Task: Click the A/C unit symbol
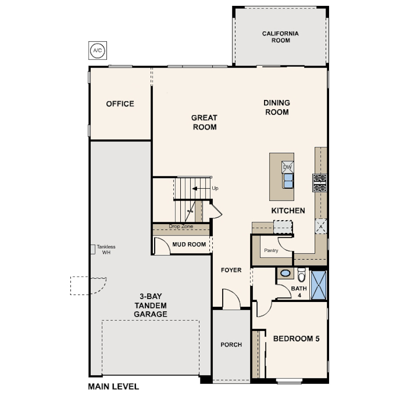coord(98,50)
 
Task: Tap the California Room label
coord(280,37)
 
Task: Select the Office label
coord(120,104)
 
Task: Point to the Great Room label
coord(204,122)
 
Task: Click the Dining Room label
coord(277,107)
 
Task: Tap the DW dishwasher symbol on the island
coord(288,167)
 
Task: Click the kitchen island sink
coord(288,181)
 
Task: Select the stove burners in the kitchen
coord(320,183)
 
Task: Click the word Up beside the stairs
coord(215,189)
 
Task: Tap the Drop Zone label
coord(181,226)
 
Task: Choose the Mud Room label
coord(189,244)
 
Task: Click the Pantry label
coord(271,251)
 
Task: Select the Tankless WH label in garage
coord(106,250)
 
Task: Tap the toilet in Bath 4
coord(301,274)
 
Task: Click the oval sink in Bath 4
coord(286,273)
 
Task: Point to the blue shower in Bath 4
coord(319,285)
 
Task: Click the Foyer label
coord(231,270)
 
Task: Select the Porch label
coord(231,345)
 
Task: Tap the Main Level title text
coord(113,387)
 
